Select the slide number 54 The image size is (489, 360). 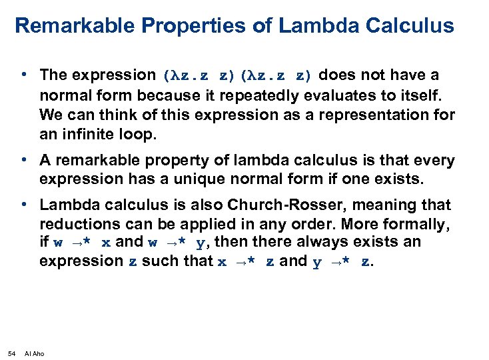[11, 353]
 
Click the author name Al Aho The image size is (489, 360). [34, 353]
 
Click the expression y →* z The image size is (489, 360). [341, 261]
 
